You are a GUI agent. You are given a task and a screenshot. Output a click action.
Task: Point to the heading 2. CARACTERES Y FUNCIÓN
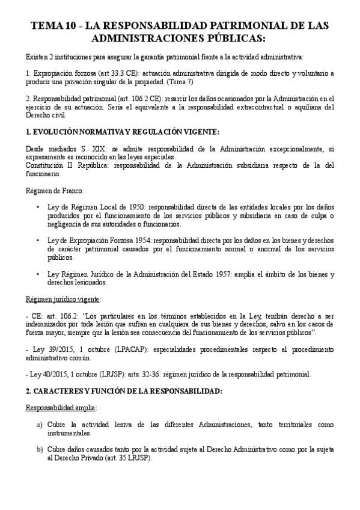(x=124, y=391)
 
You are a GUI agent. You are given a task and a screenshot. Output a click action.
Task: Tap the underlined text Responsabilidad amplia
(x=61, y=407)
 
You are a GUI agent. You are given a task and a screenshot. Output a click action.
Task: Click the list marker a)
(x=40, y=425)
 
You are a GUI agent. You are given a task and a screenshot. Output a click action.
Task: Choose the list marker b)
(x=40, y=449)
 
